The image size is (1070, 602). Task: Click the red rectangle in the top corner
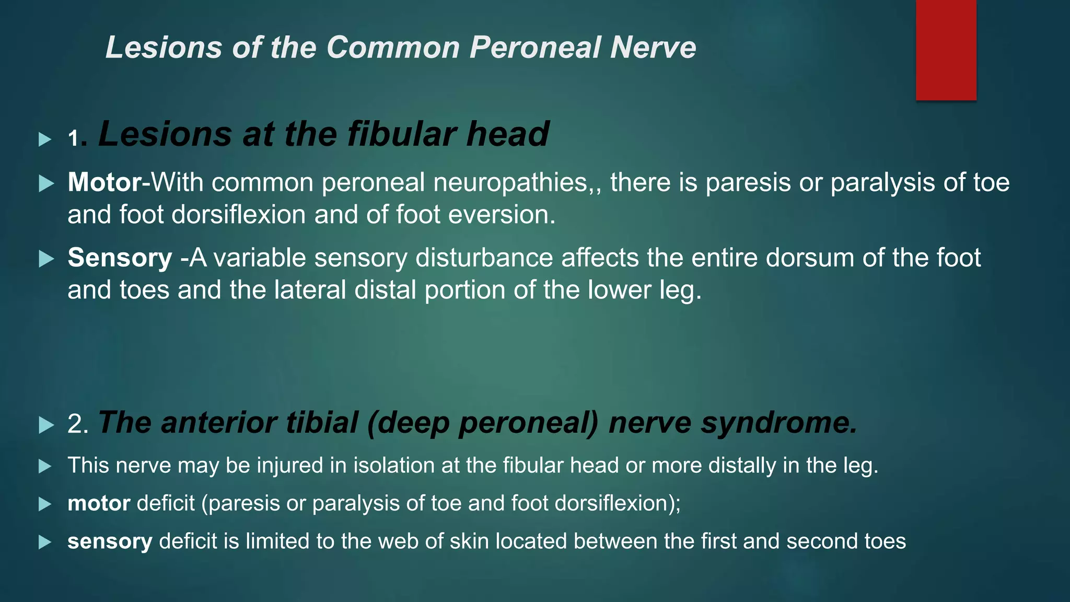point(946,50)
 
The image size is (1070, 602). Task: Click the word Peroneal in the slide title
point(535,48)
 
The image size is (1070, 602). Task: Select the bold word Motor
point(104,182)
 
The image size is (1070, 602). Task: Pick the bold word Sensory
point(120,258)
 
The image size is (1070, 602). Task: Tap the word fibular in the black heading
point(402,134)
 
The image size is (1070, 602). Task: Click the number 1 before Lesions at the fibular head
point(74,138)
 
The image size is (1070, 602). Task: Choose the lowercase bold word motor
point(99,504)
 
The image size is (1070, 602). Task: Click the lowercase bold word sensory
point(110,542)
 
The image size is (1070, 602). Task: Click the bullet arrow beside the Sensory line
point(46,259)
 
